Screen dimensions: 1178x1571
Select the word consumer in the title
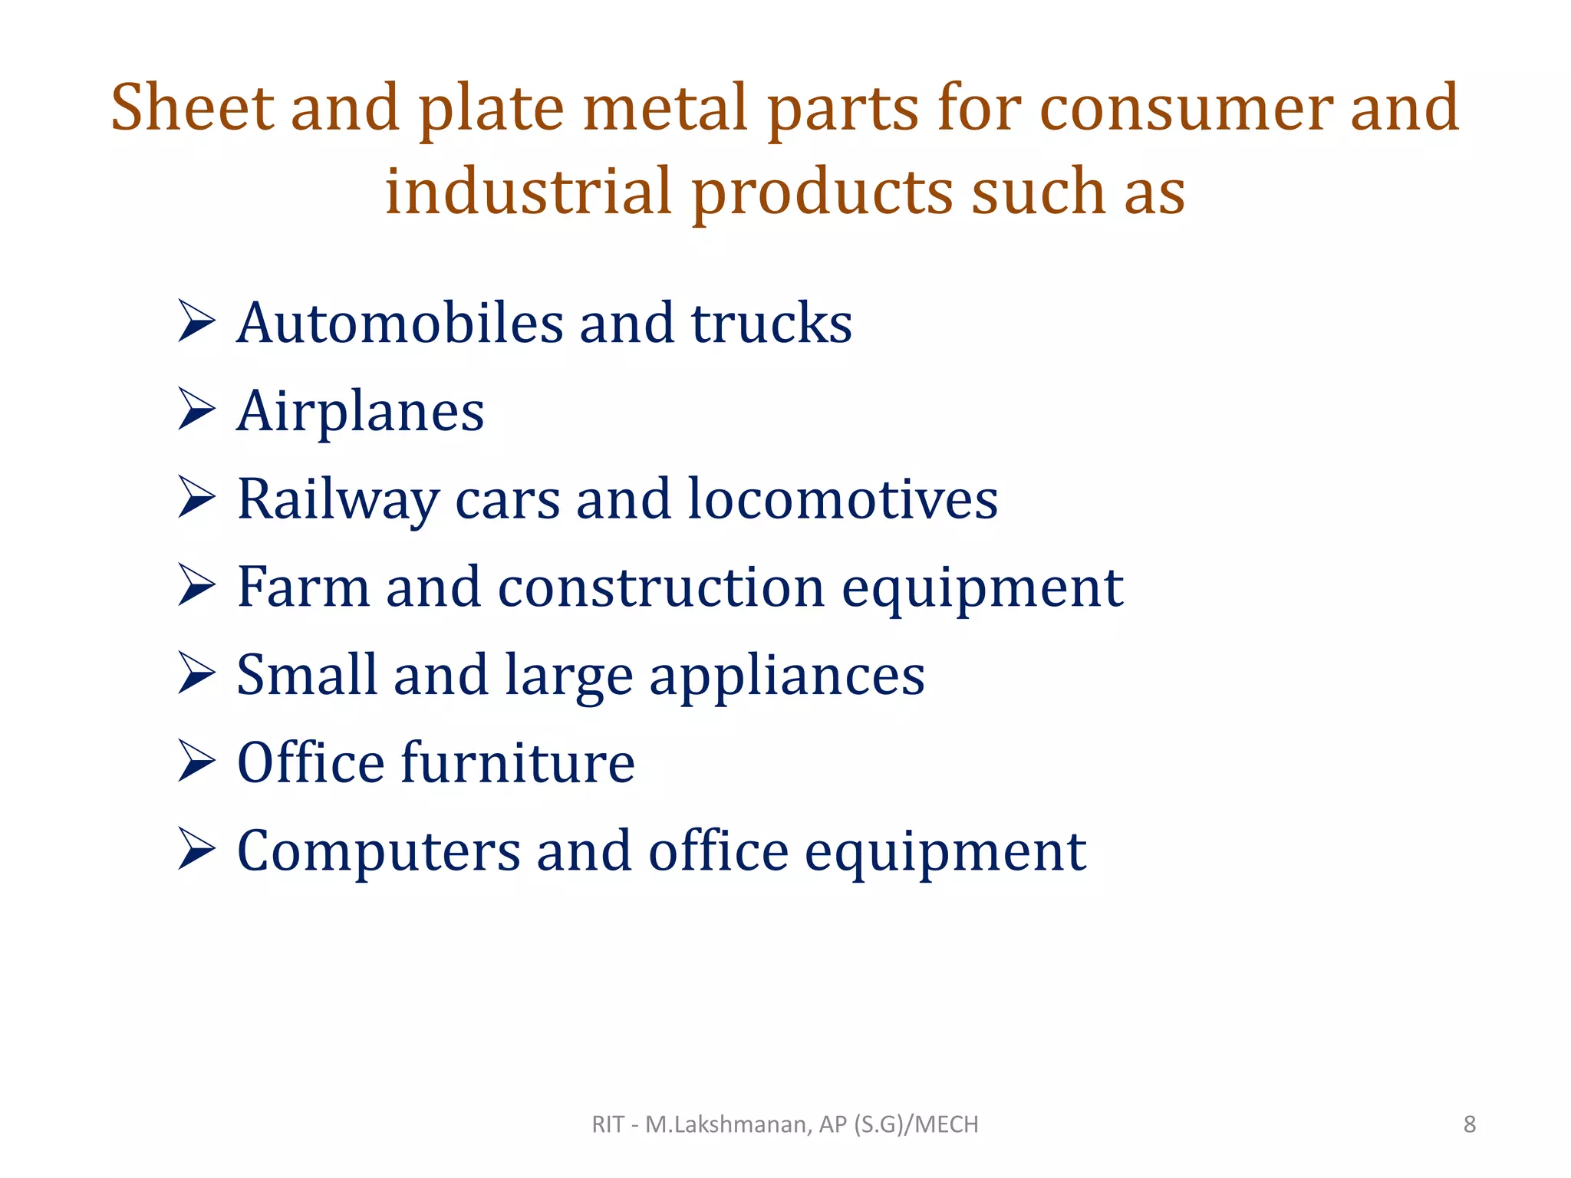tap(1184, 109)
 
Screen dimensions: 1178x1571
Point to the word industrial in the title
tap(529, 191)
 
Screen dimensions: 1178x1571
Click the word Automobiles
tap(400, 323)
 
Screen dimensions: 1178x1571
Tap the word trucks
tap(771, 323)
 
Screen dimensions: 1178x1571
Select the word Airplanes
tap(361, 412)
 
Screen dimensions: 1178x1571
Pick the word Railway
tap(338, 500)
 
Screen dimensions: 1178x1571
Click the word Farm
tap(303, 587)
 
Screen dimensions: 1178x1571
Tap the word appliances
tap(787, 676)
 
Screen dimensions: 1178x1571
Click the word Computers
tap(379, 851)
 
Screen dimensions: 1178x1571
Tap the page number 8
tap(1469, 1124)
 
